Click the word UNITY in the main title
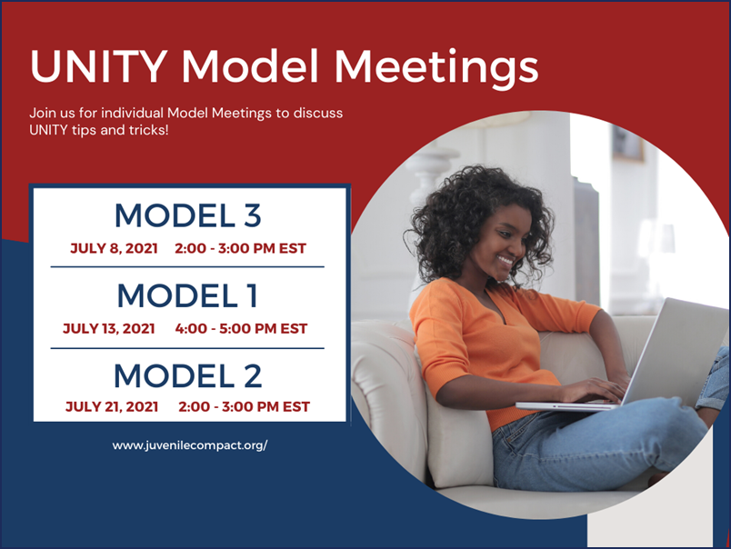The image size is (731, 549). tap(98, 65)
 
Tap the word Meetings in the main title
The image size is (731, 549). tap(436, 68)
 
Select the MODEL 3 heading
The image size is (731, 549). tap(188, 215)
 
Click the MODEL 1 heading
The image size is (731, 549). tap(188, 295)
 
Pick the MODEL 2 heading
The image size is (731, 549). tap(188, 375)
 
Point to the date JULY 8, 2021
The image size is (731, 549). tap(114, 248)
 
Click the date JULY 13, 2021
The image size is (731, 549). tap(108, 328)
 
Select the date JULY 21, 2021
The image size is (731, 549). tap(112, 407)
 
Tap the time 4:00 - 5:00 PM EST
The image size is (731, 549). tap(241, 328)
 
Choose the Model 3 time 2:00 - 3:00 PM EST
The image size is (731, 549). tap(241, 248)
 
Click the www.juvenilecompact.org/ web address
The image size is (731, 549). tap(190, 445)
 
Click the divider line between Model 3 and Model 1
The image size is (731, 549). tap(187, 267)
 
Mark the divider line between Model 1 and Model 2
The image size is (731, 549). tap(187, 348)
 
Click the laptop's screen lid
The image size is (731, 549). tap(676, 349)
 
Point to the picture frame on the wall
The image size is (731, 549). tap(627, 143)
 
